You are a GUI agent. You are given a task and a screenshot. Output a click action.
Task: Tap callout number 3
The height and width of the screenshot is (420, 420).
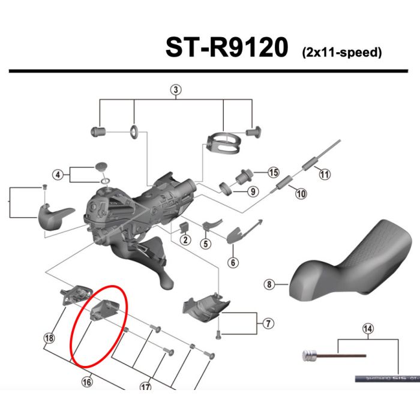tap(176, 91)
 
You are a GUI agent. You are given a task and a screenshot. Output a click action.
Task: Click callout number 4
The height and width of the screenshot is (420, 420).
tap(58, 175)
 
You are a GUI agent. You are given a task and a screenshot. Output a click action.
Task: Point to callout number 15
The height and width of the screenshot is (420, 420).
tap(274, 173)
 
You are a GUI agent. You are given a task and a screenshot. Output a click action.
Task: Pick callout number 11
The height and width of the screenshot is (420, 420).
tap(325, 175)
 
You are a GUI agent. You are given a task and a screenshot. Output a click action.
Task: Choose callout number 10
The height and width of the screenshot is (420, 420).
tap(301, 193)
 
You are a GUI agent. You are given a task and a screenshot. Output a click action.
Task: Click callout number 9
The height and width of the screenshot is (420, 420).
tap(252, 192)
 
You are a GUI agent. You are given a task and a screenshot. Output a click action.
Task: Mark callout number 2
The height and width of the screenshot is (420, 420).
tap(185, 241)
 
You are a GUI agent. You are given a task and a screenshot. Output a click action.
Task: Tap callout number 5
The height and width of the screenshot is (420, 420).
tap(205, 244)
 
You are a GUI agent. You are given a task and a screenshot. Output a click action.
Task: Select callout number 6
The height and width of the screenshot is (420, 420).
tap(232, 262)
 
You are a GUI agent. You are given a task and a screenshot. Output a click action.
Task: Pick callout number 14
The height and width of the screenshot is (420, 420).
tap(368, 328)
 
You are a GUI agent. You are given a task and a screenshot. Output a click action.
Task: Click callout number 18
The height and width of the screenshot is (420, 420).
tap(49, 338)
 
